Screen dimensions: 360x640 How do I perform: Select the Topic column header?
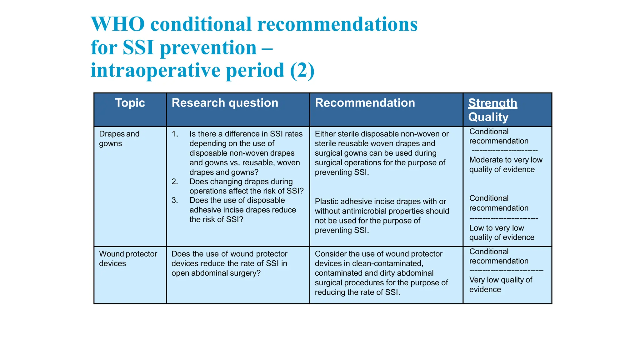pyautogui.click(x=130, y=103)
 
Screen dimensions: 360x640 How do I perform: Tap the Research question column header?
pyautogui.click(x=225, y=103)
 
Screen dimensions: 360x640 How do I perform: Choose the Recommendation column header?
pyautogui.click(x=365, y=103)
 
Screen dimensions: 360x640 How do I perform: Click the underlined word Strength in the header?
pyautogui.click(x=492, y=103)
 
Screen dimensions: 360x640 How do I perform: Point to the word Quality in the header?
pyautogui.click(x=488, y=117)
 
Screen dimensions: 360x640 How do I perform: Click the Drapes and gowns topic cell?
pyautogui.click(x=119, y=138)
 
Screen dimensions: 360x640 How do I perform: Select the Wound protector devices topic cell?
pyautogui.click(x=128, y=258)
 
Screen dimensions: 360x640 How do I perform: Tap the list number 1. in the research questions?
pyautogui.click(x=175, y=134)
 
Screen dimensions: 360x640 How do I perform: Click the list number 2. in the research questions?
pyautogui.click(x=175, y=182)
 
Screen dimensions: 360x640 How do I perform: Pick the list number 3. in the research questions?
pyautogui.click(x=175, y=200)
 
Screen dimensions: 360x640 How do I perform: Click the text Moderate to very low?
pyautogui.click(x=506, y=160)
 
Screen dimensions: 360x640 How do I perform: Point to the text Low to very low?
pyautogui.click(x=497, y=228)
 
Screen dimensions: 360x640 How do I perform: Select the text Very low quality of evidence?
pyautogui.click(x=501, y=284)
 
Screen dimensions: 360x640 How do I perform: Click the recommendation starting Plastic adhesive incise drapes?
pyautogui.click(x=382, y=216)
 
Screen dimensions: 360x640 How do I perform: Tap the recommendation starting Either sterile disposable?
pyautogui.click(x=382, y=153)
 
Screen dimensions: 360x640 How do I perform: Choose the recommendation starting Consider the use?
pyautogui.click(x=381, y=273)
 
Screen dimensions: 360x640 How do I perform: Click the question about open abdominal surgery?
pyautogui.click(x=229, y=263)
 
